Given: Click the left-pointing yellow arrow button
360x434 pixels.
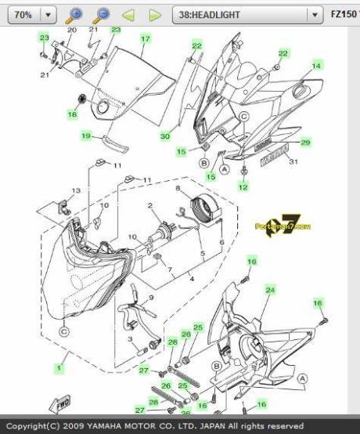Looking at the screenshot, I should click(x=129, y=15).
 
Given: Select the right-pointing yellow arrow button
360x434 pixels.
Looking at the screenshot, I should click(x=155, y=15).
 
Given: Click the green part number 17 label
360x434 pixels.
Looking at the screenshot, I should click(x=145, y=38).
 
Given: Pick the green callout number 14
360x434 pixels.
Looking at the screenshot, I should click(x=317, y=66).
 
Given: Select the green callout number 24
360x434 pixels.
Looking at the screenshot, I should click(x=271, y=290).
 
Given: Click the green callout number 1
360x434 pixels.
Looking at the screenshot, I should click(x=57, y=367).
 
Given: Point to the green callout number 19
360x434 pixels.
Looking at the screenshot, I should click(x=87, y=136).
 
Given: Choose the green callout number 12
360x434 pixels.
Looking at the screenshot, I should click(x=243, y=187).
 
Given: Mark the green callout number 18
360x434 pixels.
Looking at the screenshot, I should click(x=72, y=114).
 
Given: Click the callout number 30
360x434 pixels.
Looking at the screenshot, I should click(x=165, y=136).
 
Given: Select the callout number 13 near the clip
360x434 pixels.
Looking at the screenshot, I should click(x=76, y=191).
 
